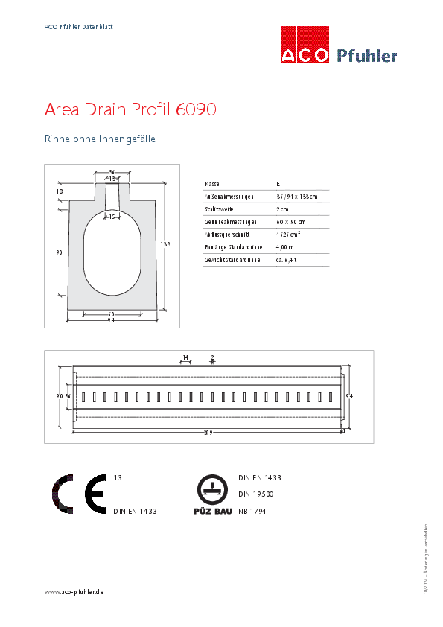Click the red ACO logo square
[305, 45]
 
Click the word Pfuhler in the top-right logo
[367, 56]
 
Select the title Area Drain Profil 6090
[130, 110]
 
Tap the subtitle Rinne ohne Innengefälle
[100, 139]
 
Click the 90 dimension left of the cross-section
[59, 252]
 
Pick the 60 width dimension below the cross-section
[111, 314]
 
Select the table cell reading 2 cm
[282, 209]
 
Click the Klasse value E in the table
[278, 183]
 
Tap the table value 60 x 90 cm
[290, 222]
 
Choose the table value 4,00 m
[284, 247]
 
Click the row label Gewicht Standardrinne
[232, 260]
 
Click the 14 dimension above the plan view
[185, 358]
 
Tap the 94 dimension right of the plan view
[348, 396]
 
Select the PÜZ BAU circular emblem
[212, 489]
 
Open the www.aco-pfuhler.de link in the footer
[74, 591]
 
